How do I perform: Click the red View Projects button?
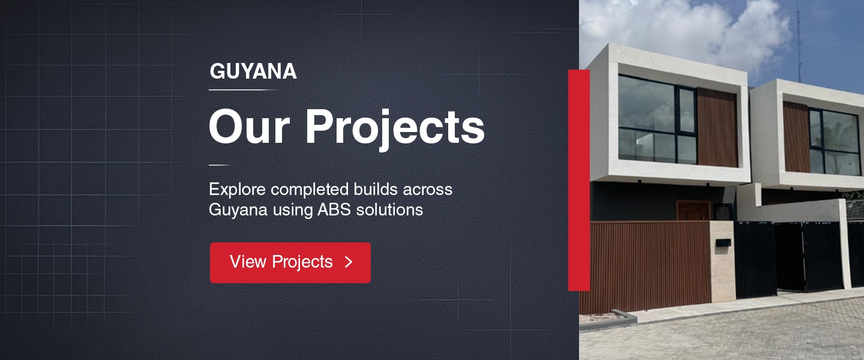point(290,263)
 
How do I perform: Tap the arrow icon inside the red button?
point(349,262)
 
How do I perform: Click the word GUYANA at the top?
point(253,71)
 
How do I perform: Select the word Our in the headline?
point(249,127)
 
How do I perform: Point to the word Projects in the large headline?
point(395,128)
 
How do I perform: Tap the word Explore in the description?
point(237,190)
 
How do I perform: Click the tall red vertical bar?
point(579,180)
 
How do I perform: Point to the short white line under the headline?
point(220,165)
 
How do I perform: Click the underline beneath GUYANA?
point(244,90)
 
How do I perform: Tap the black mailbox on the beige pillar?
point(723,243)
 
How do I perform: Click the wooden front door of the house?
point(694,211)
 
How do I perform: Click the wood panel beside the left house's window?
point(717,128)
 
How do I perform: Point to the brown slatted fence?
point(650,267)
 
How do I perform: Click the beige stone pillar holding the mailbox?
point(723,261)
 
